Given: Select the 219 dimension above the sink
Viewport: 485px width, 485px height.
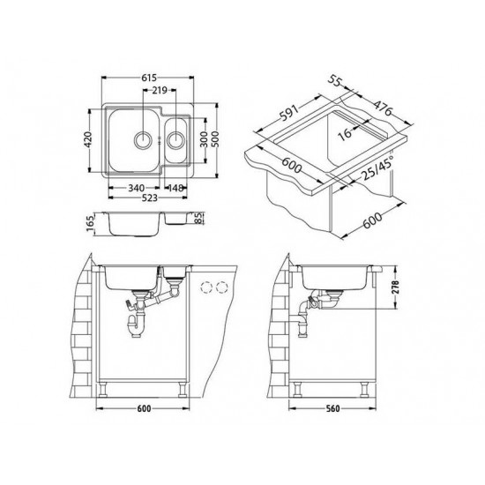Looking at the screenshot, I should (159, 90).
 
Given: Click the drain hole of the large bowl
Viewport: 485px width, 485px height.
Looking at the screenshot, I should (142, 138).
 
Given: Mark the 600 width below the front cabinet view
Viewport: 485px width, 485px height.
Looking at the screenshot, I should (144, 408).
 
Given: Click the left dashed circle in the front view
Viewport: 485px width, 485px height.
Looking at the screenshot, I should (208, 287).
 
